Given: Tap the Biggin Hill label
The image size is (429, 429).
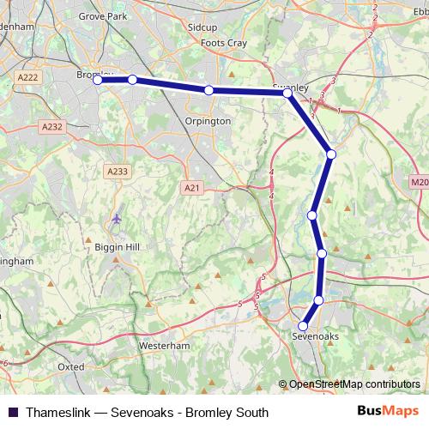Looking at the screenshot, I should [117, 248].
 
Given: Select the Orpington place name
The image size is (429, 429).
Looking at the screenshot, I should [208, 121].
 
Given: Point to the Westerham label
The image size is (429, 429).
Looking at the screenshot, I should [162, 345].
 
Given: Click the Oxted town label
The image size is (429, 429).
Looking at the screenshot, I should [71, 366].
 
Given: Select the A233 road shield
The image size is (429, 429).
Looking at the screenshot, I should [118, 172].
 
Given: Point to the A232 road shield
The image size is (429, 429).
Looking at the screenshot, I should [51, 126].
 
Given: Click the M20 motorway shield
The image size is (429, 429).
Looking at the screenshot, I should [419, 182].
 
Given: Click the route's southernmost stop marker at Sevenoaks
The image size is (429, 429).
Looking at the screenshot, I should [303, 326].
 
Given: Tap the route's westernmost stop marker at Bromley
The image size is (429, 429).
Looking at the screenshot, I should [98, 80].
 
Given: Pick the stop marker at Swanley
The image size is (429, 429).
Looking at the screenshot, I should [288, 93].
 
